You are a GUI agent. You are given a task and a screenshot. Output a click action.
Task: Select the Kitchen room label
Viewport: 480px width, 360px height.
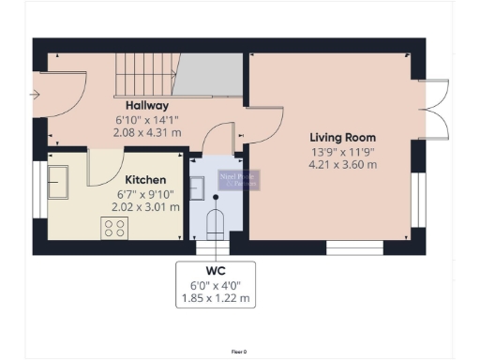pos(145,180)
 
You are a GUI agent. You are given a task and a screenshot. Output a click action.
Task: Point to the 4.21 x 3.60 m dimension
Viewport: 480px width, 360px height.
pos(343,165)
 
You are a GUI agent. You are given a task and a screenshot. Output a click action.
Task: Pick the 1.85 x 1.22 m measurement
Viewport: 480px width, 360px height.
pos(217,299)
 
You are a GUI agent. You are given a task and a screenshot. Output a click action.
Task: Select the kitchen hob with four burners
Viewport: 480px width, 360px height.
pos(115,228)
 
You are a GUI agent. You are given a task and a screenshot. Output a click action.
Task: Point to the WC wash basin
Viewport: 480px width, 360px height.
pos(197,187)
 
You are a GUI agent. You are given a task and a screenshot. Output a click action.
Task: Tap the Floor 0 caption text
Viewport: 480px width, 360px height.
pos(238,351)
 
